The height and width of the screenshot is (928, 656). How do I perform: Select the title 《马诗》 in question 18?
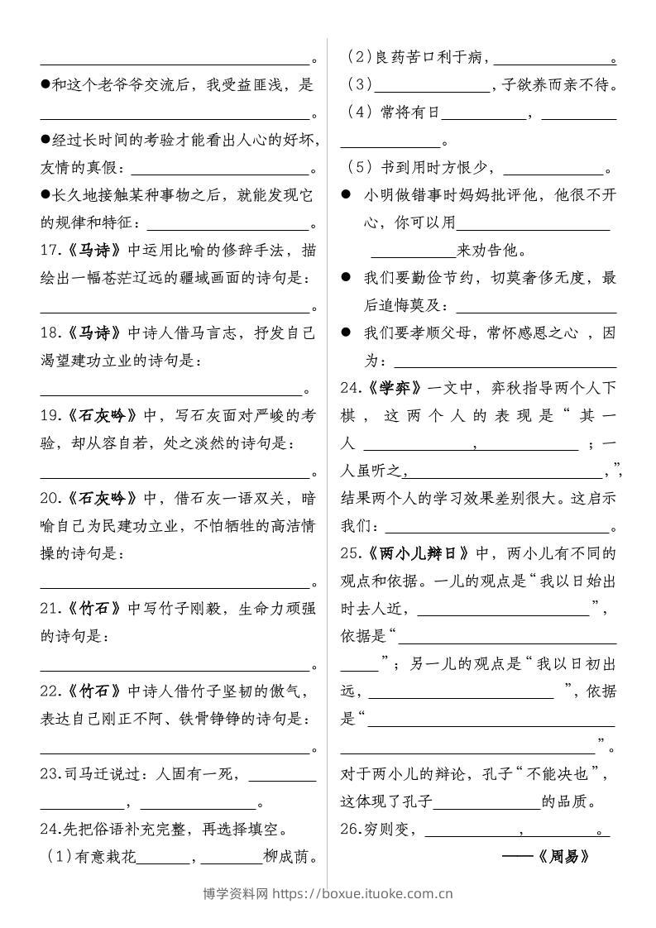[x=92, y=333]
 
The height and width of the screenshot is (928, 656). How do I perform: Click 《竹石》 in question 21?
[x=92, y=609]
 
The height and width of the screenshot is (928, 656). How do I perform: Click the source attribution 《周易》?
[x=563, y=856]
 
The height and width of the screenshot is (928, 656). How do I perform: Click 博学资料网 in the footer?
[x=236, y=893]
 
